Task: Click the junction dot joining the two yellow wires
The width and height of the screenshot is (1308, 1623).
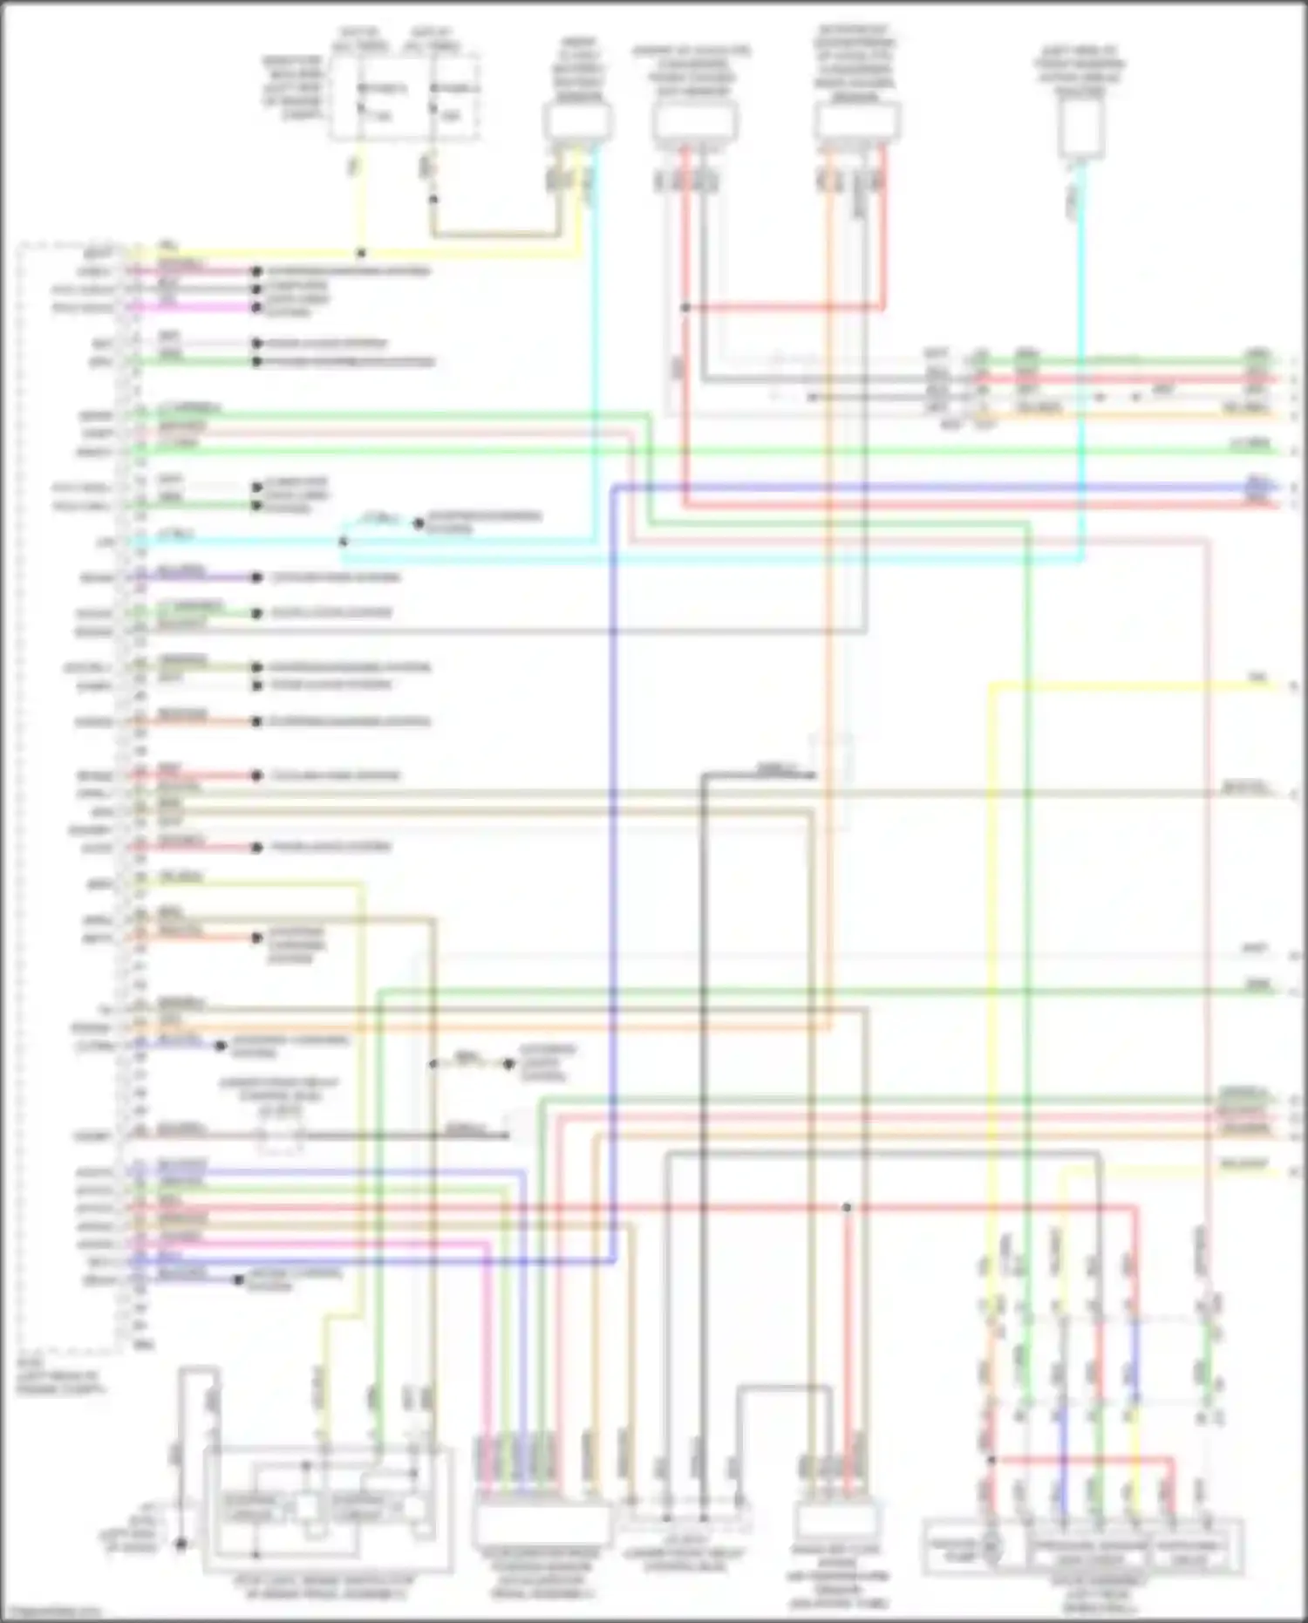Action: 361,254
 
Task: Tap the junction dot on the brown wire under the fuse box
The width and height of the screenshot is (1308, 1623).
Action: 433,200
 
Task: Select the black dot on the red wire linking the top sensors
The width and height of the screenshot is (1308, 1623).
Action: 686,308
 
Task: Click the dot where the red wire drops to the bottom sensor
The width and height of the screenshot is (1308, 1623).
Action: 846,1208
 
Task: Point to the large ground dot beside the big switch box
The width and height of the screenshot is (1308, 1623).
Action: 181,1544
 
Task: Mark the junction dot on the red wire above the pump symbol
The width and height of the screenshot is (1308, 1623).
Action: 991,1459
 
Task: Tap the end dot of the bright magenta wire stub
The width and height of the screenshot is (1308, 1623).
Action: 256,307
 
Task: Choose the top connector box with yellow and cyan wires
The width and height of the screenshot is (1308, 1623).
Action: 577,122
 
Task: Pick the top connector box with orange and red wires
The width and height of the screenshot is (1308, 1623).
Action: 856,122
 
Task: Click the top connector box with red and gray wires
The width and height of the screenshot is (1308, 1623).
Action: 695,122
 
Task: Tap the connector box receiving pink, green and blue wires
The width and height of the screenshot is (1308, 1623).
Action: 541,1524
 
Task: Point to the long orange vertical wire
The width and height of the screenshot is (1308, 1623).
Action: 828,610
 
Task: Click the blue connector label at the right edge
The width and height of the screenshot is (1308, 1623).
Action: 1257,486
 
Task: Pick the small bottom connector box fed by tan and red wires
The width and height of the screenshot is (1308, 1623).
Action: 835,1522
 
